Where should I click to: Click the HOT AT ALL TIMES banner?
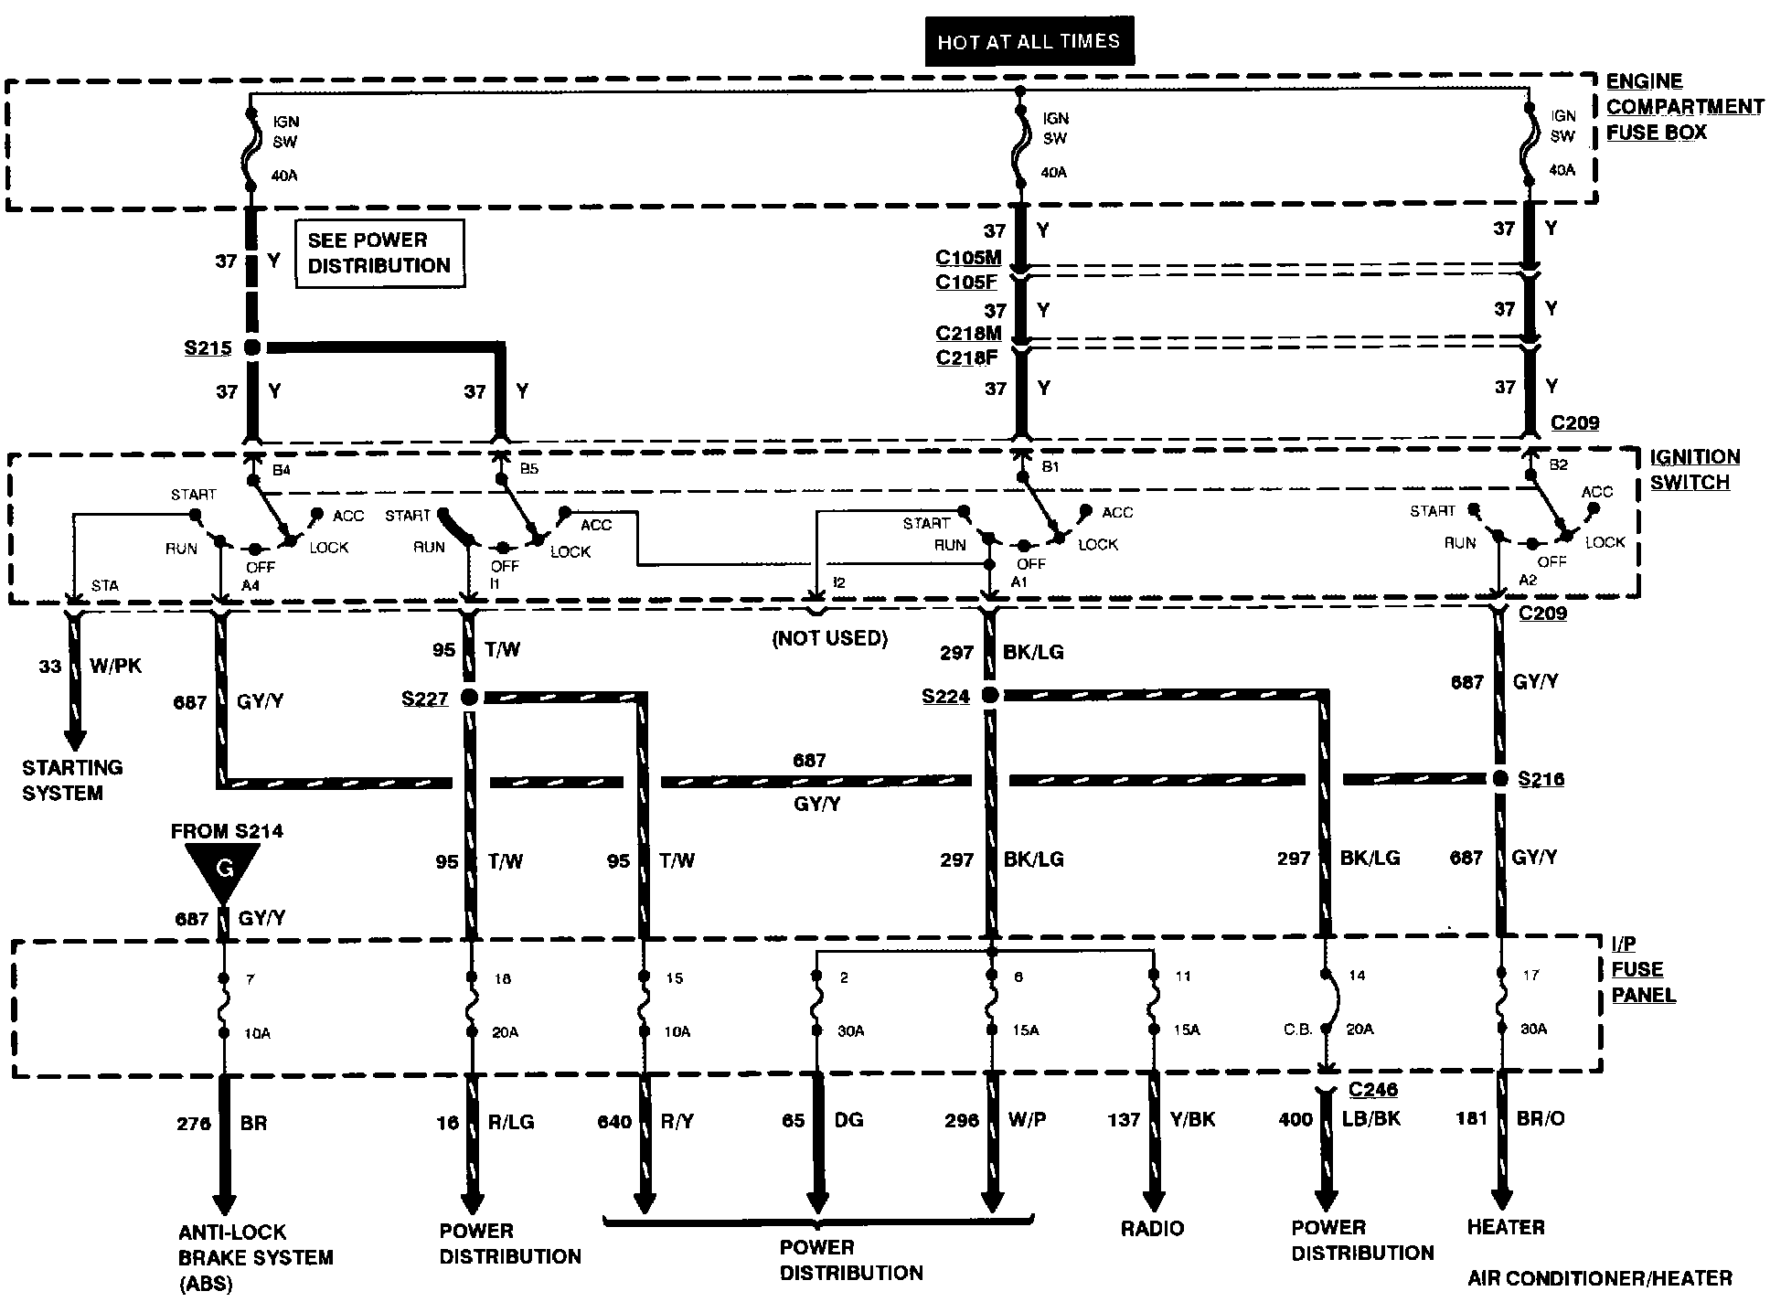(1029, 41)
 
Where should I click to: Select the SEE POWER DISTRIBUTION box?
(379, 253)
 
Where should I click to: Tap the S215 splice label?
(208, 348)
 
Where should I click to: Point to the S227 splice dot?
(469, 699)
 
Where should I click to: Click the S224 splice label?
(945, 697)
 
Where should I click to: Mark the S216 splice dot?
(1500, 779)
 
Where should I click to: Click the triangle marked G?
(223, 868)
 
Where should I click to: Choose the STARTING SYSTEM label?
(72, 780)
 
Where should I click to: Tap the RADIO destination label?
(1152, 1228)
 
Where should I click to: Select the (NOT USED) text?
(830, 638)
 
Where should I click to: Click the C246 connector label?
(1372, 1089)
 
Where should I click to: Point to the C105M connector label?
(967, 259)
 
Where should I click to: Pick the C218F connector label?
(966, 358)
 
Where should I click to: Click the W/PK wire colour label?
(115, 666)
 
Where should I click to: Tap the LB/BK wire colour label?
(1370, 1118)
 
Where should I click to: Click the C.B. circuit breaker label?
(1297, 1029)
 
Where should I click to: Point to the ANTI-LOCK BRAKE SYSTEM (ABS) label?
(255, 1257)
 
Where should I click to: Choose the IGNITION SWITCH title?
(1694, 469)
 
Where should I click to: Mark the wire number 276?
(193, 1123)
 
